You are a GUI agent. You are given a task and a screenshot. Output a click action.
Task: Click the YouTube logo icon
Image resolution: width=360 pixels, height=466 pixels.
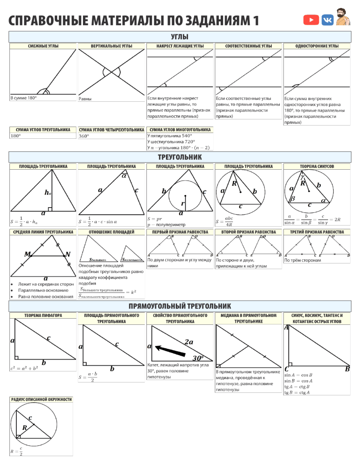pyautogui.click(x=311, y=20)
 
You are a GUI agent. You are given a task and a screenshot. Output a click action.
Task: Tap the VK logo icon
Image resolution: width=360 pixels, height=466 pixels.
pyautogui.click(x=327, y=20)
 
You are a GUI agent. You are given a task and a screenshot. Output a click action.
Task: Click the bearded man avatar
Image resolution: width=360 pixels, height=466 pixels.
pyautogui.click(x=343, y=16)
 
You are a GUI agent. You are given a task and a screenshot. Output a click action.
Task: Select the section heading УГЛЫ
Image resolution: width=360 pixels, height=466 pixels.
pyautogui.click(x=180, y=37)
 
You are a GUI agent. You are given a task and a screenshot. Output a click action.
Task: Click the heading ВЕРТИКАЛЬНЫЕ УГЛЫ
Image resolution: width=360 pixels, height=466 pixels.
pyautogui.click(x=111, y=46)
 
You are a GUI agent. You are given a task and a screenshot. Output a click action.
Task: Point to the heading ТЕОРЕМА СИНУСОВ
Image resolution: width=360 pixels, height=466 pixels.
pyautogui.click(x=317, y=166)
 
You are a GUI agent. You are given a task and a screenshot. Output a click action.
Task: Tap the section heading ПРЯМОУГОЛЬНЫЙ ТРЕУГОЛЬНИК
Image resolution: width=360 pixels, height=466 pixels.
pyautogui.click(x=180, y=306)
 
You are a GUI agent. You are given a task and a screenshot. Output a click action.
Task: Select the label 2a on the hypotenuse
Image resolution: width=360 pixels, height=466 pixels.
pyautogui.click(x=189, y=342)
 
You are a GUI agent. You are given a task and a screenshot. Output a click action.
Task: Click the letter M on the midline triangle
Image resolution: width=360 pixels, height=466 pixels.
pyautogui.click(x=28, y=254)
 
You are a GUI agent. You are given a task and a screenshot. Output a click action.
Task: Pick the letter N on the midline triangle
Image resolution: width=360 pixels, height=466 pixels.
pyautogui.click(x=68, y=255)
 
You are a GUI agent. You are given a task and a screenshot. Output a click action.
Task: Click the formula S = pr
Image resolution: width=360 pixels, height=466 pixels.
pyautogui.click(x=155, y=219)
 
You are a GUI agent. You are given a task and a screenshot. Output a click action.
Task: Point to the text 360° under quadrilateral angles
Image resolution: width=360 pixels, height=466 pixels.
pyautogui.click(x=84, y=136)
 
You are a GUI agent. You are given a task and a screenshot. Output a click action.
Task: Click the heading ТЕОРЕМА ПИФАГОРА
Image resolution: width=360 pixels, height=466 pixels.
pyautogui.click(x=43, y=316)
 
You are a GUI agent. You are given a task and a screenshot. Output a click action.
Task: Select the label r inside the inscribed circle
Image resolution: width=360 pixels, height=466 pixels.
pyautogui.click(x=183, y=203)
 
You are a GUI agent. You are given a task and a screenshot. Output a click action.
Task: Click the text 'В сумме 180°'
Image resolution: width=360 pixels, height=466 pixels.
pyautogui.click(x=23, y=98)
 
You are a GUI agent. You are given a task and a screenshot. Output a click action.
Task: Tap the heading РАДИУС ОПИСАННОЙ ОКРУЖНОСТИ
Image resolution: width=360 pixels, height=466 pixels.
pyautogui.click(x=42, y=399)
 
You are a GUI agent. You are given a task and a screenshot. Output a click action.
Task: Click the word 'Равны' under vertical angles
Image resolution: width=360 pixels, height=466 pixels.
pyautogui.click(x=85, y=99)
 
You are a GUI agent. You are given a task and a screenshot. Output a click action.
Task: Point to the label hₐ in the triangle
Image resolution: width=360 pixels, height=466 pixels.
pyautogui.click(x=47, y=193)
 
